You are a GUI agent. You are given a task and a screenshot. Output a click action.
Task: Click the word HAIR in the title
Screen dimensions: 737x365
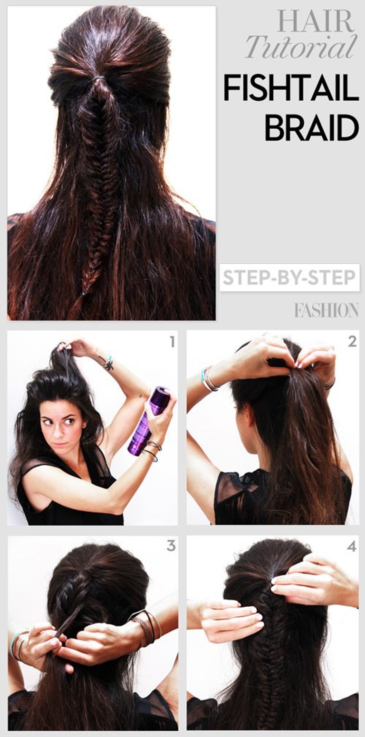[x=315, y=21]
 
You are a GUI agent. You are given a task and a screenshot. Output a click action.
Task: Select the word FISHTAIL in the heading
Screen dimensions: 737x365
[x=290, y=88]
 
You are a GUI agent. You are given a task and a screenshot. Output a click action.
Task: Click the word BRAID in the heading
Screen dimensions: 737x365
[x=311, y=127]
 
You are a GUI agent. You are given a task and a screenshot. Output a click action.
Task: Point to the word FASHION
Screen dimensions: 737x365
[x=326, y=311]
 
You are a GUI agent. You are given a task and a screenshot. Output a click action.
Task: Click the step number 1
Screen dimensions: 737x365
[x=172, y=342]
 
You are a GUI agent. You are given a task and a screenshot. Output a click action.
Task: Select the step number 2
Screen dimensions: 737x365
[x=352, y=341]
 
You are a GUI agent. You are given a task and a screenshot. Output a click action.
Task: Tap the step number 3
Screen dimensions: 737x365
[x=171, y=546]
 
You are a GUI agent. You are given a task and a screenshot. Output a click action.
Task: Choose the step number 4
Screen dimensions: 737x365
[x=351, y=546]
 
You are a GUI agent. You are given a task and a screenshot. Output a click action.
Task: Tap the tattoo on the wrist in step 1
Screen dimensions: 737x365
[x=108, y=364]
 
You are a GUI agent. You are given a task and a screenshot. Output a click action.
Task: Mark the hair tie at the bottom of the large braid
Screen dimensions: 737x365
[x=84, y=294]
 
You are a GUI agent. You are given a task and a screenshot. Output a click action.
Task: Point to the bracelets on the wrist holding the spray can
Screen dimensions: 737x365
[x=151, y=451]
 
